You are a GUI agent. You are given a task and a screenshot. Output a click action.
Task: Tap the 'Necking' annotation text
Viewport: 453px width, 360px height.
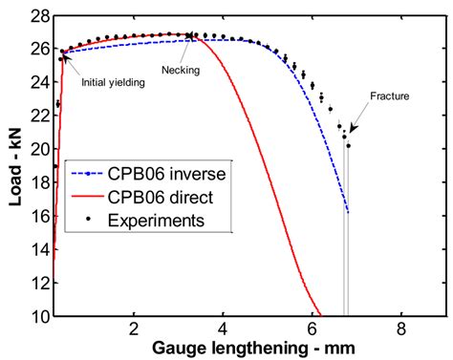pos(180,70)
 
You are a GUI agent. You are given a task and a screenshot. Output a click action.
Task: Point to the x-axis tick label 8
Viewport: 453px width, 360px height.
pos(401,329)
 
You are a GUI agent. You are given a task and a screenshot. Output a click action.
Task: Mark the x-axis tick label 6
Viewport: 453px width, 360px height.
pos(313,329)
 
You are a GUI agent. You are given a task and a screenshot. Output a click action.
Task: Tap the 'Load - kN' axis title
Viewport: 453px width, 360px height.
pos(12,165)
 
